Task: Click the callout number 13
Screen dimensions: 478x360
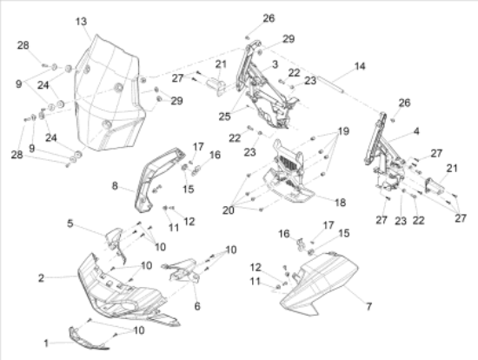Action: (81, 22)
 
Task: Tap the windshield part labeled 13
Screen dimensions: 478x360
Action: (109, 95)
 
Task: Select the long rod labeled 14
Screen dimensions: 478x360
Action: (332, 84)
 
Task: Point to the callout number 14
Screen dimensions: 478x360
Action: (360, 66)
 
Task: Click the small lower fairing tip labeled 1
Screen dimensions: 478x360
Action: (88, 338)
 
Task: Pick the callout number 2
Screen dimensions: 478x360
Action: (41, 278)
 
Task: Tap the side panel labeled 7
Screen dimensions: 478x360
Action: (319, 283)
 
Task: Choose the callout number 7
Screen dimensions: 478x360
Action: (368, 306)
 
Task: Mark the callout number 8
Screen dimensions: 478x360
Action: (115, 186)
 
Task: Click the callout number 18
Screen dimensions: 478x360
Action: (340, 203)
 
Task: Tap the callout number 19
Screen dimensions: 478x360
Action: (343, 131)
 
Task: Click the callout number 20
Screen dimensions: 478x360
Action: (228, 210)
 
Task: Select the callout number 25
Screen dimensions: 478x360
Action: (224, 117)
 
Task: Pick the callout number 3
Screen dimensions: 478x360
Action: (275, 64)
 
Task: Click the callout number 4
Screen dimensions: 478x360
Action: (416, 131)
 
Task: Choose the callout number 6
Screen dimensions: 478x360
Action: (197, 306)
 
